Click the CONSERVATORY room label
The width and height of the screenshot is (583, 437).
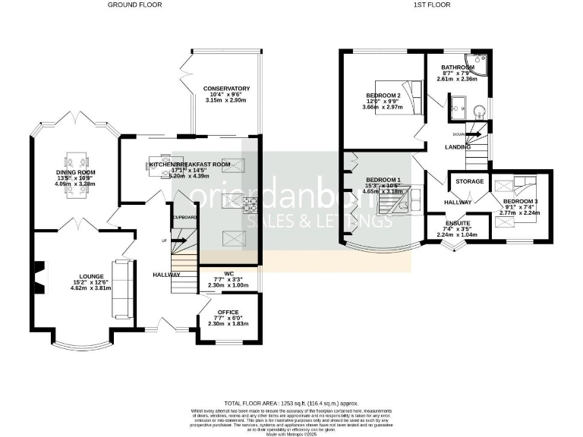[226, 89]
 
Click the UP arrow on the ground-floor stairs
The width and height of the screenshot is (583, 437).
[164, 241]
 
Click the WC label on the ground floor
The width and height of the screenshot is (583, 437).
[228, 274]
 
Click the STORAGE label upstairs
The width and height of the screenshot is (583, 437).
[469, 181]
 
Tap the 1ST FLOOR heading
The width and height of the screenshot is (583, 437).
[431, 5]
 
